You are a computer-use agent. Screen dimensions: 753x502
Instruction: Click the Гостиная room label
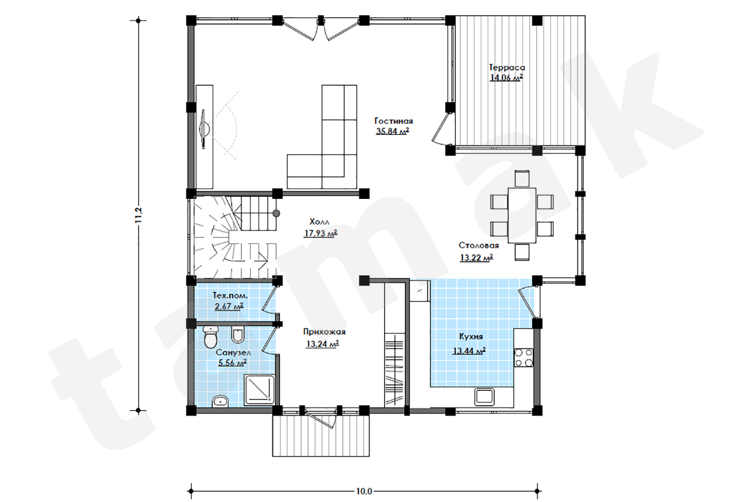[394, 121]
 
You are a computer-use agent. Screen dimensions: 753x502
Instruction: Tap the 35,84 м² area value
[392, 131]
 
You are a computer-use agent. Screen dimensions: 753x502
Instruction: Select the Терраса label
[507, 68]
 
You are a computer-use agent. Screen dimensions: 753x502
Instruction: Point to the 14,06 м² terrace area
[507, 78]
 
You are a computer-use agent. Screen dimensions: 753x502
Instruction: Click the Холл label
[319, 222]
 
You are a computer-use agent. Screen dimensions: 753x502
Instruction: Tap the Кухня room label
[471, 337]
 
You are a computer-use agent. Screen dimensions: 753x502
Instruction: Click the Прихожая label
[324, 332]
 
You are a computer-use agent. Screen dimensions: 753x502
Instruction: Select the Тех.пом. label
[230, 296]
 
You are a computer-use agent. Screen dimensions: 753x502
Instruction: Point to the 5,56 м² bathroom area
[232, 363]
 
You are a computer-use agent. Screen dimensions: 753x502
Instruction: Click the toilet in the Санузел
[211, 336]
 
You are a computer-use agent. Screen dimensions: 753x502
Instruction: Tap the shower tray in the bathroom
[259, 390]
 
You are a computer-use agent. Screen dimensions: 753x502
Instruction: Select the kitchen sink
[484, 397]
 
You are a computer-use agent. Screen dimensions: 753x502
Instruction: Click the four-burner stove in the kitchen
[524, 357]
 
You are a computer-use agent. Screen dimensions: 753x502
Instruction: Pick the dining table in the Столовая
[522, 215]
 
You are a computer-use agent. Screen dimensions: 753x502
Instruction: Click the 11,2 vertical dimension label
[138, 215]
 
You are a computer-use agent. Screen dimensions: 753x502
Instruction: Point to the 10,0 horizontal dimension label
[364, 491]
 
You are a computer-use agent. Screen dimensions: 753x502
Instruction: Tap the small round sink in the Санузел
[220, 401]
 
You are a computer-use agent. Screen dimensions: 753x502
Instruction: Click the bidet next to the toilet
[238, 334]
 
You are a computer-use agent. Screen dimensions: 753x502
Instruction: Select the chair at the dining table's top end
[522, 178]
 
